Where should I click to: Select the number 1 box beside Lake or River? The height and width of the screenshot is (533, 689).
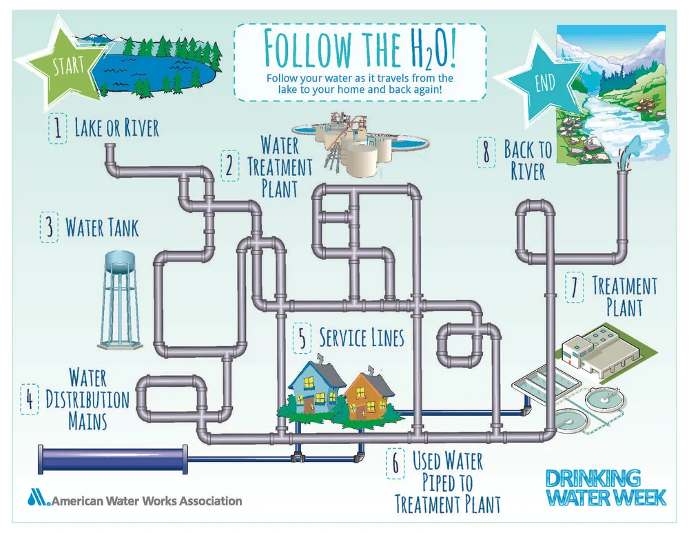pyautogui.click(x=58, y=129)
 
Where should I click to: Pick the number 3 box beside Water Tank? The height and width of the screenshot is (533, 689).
pyautogui.click(x=49, y=228)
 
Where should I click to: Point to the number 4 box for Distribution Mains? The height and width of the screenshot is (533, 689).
pyautogui.click(x=29, y=399)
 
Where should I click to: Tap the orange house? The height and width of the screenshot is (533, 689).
pyautogui.click(x=365, y=396)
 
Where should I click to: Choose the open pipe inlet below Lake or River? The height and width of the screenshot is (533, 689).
pyautogui.click(x=110, y=148)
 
